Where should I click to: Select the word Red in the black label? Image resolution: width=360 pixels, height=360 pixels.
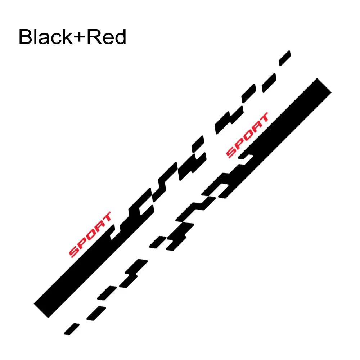click(106, 37)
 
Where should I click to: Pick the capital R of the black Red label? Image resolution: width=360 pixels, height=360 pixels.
click(93, 37)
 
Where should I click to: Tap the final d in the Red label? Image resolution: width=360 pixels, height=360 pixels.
click(120, 37)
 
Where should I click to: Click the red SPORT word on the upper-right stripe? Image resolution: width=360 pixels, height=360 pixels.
click(247, 135)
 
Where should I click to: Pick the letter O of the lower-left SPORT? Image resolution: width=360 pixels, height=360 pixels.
click(90, 234)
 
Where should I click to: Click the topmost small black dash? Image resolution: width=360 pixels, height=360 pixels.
click(285, 58)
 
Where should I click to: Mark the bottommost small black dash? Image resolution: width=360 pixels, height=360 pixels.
click(71, 329)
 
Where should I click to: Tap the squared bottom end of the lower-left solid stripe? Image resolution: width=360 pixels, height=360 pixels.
click(41, 311)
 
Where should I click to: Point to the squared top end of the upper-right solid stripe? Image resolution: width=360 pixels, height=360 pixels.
click(324, 85)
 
